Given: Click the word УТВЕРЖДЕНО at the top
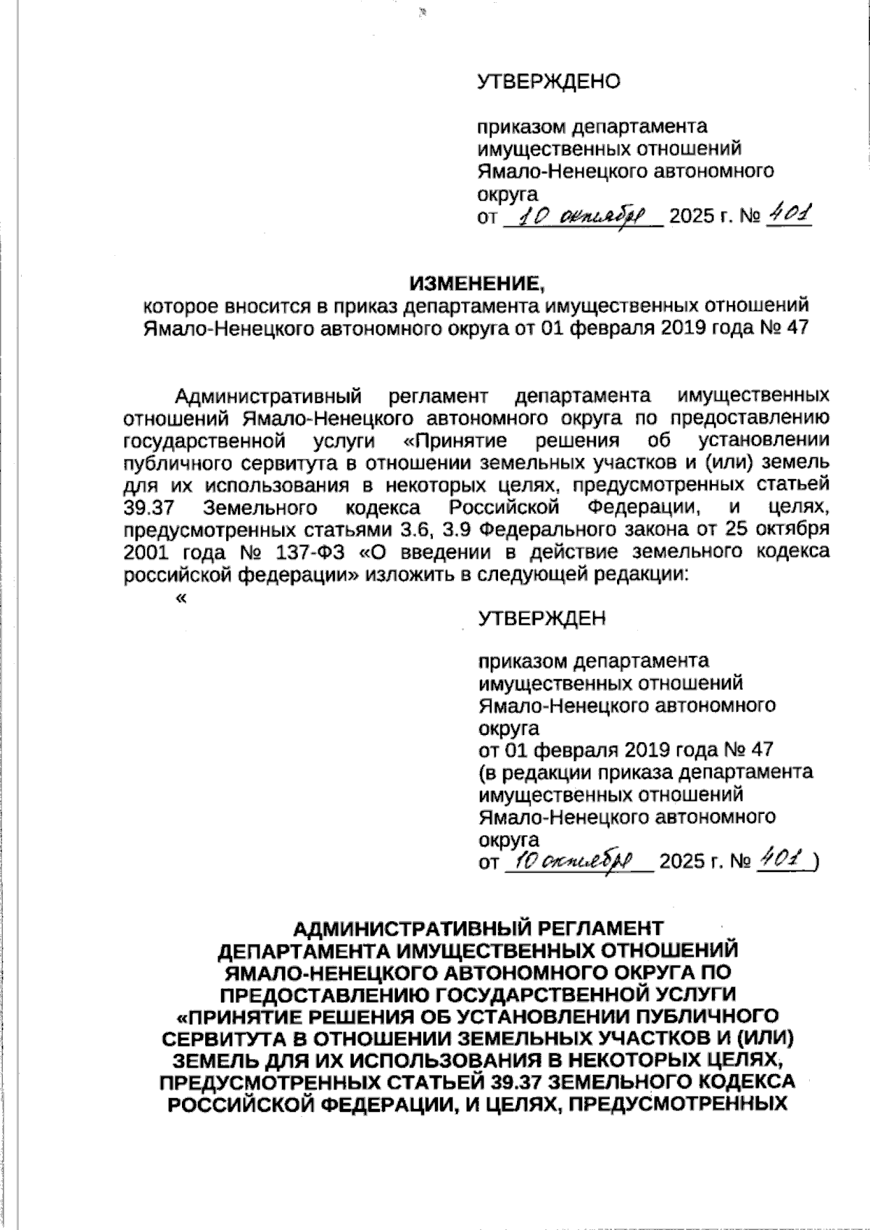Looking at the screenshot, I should coord(549,82).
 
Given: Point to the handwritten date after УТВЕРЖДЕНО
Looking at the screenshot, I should coord(581,216).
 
